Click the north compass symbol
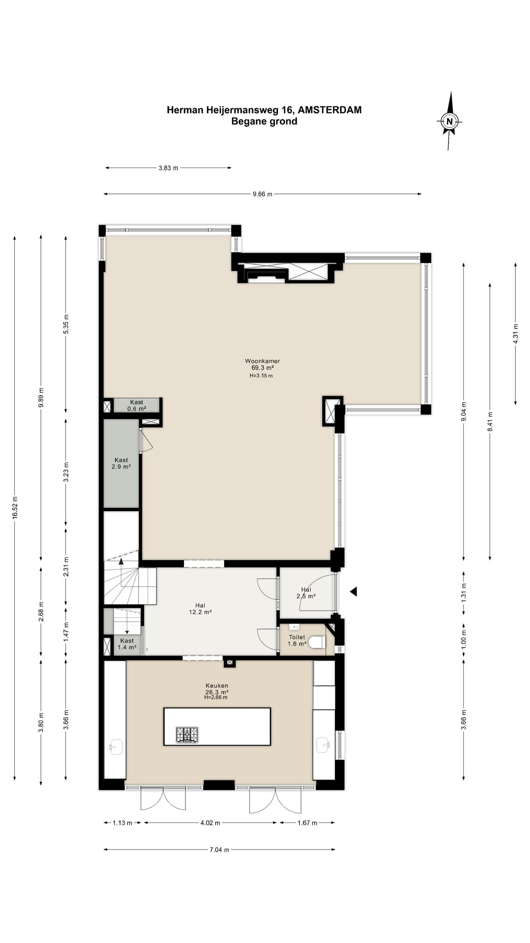[449, 121]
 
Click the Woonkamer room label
[262, 361]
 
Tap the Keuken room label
[217, 686]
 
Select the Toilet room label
[297, 637]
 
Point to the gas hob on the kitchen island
[187, 734]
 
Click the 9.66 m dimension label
[262, 194]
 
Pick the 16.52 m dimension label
[15, 508]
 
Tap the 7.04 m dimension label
[219, 850]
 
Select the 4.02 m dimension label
[210, 823]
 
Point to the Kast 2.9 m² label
[121, 463]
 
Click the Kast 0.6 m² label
[137, 405]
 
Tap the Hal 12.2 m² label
[200, 609]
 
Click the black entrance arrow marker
[353, 592]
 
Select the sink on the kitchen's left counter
[116, 746]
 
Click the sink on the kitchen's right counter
[323, 744]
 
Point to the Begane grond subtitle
[264, 122]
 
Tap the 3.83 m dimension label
[168, 168]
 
